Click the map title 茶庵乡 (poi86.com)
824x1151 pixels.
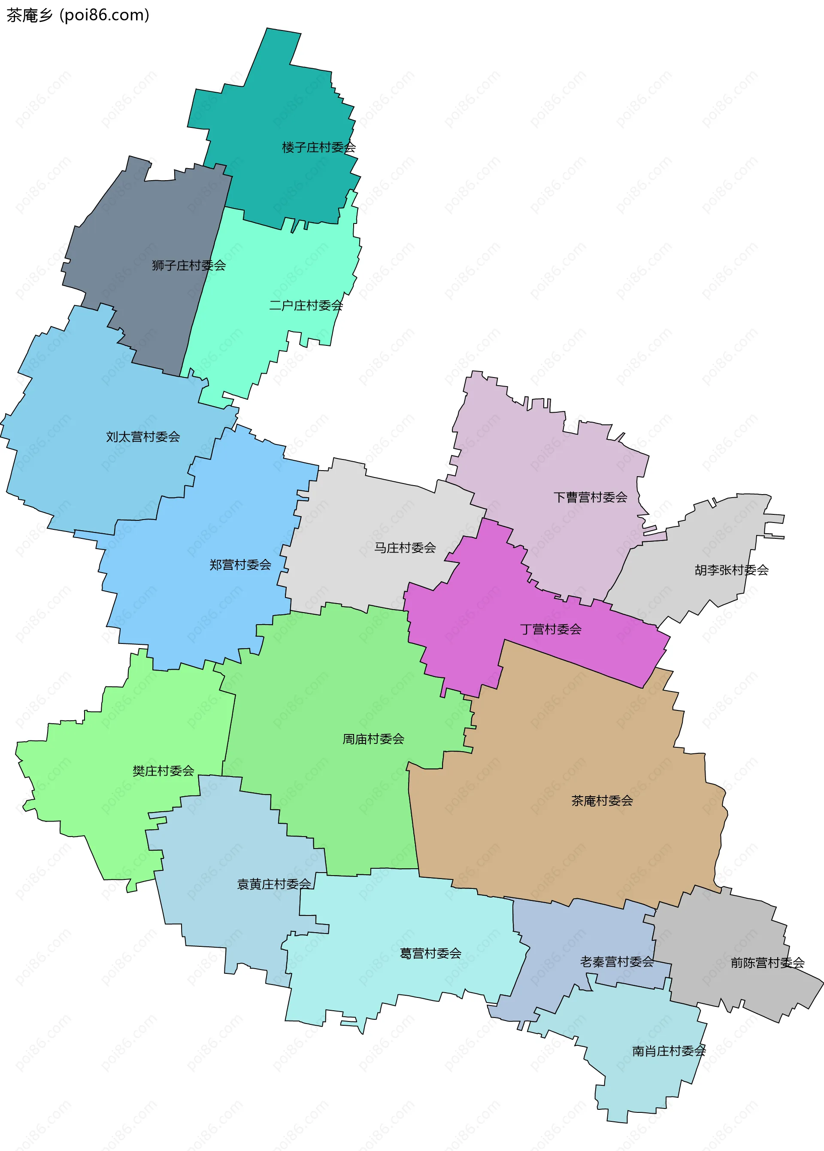click(x=78, y=15)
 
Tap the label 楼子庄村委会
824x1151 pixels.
click(x=318, y=148)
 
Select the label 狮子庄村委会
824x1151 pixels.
click(x=189, y=265)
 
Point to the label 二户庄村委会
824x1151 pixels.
click(x=306, y=305)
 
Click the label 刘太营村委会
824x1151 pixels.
click(x=143, y=437)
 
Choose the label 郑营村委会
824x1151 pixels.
click(x=240, y=565)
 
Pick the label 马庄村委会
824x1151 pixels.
click(x=405, y=547)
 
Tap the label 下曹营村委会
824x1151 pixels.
click(x=590, y=497)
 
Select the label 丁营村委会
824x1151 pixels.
click(x=551, y=629)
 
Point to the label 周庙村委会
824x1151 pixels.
click(x=373, y=739)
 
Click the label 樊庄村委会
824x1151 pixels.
click(x=164, y=771)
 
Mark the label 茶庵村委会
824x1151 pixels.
click(x=602, y=801)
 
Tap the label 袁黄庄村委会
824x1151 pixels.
click(x=274, y=884)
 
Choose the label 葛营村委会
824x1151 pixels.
click(x=431, y=954)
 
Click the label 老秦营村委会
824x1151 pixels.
click(x=617, y=962)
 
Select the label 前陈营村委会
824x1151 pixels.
click(x=768, y=963)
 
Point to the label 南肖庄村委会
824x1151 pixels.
click(x=669, y=1051)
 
